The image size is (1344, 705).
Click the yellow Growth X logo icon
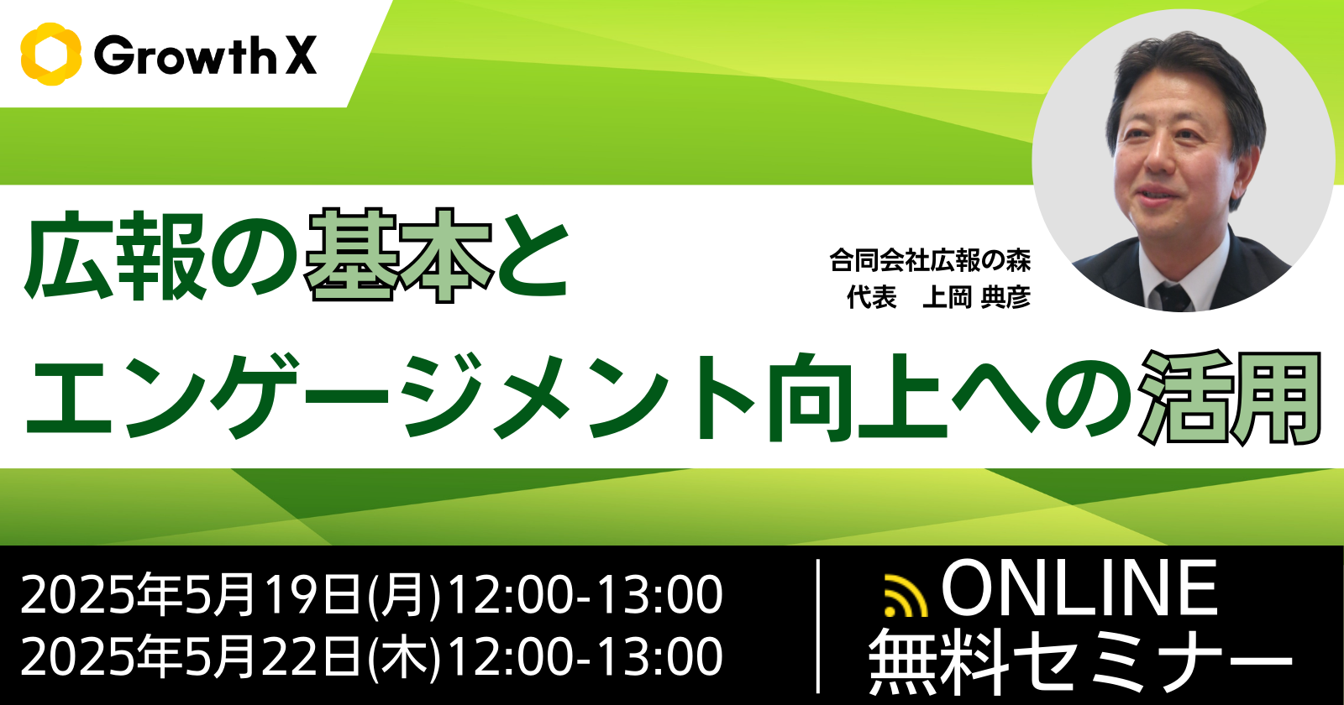50,54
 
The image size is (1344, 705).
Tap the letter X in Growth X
301,55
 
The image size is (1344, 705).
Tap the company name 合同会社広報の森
931,261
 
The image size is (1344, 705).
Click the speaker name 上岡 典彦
977,297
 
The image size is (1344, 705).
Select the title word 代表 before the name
872,297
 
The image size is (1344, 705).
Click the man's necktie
1173,297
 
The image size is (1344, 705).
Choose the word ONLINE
1079,587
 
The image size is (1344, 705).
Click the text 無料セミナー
1080,662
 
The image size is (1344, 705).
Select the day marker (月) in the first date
404,595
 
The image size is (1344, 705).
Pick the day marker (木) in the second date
404,657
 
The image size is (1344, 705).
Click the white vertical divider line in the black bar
819,625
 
